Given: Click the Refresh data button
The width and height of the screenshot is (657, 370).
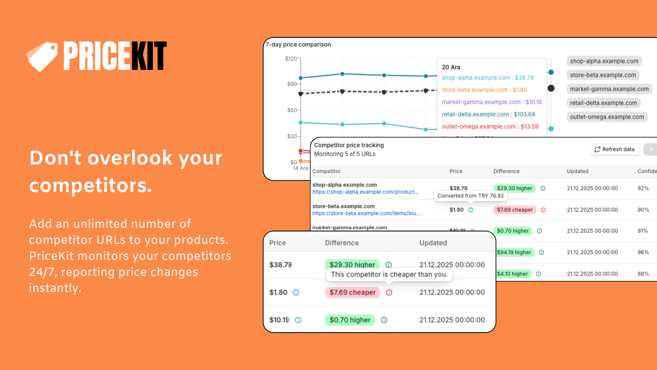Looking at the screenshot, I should [614, 149].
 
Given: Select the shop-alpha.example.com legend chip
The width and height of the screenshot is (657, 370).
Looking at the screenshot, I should [604, 61].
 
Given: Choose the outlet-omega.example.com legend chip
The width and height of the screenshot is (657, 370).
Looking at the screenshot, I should [607, 117].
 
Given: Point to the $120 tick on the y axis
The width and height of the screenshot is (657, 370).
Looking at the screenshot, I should [291, 59].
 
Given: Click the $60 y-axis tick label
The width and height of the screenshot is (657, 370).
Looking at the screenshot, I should [292, 110].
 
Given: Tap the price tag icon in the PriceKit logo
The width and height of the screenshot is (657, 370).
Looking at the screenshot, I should [42, 56].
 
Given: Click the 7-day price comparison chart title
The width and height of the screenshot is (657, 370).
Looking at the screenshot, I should [299, 44].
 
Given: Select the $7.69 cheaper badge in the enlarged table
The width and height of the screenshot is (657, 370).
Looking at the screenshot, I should [352, 292].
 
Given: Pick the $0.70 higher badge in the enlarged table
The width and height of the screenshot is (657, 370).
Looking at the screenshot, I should [350, 320].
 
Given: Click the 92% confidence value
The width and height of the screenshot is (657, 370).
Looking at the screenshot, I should [643, 188].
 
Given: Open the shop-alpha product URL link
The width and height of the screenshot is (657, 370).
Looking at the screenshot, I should [365, 192].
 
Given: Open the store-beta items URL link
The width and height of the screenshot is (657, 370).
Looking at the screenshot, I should [366, 213].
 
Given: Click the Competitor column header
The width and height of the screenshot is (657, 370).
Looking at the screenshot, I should [326, 171].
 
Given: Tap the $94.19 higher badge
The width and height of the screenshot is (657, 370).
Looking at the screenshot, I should [514, 252].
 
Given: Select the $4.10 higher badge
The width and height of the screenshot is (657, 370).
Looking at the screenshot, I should [512, 274].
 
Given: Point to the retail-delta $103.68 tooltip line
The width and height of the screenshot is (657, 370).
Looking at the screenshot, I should [488, 114].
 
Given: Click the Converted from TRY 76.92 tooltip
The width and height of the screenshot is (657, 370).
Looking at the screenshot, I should [471, 196].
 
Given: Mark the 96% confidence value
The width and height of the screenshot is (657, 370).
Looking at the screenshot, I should [643, 252].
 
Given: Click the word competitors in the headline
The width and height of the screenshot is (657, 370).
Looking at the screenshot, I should [90, 185].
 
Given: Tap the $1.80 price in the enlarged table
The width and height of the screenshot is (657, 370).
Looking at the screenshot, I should [278, 292].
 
